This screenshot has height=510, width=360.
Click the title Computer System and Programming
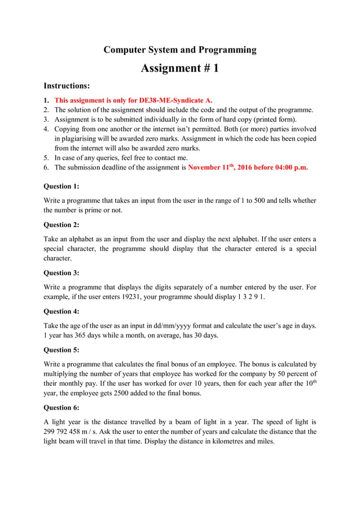179,50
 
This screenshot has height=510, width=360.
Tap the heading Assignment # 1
179,68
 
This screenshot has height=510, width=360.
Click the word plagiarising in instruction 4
82,138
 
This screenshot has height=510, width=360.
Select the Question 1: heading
62,186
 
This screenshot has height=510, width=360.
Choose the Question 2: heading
62,224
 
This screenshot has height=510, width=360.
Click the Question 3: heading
62,272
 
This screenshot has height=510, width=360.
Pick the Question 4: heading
62,311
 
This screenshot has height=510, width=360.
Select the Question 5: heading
62,350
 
